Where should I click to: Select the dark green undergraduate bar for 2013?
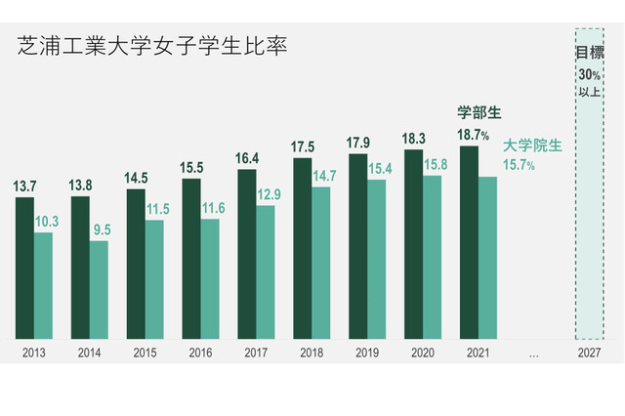(24, 268)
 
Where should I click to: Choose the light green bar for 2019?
(376, 260)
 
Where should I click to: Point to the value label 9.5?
(102, 230)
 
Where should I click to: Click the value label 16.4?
(246, 157)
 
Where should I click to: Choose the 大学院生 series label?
(533, 146)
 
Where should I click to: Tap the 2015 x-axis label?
(144, 354)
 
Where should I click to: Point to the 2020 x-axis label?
(422, 354)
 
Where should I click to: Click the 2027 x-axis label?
(588, 354)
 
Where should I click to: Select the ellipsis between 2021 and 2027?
(533, 354)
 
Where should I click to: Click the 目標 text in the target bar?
(588, 53)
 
